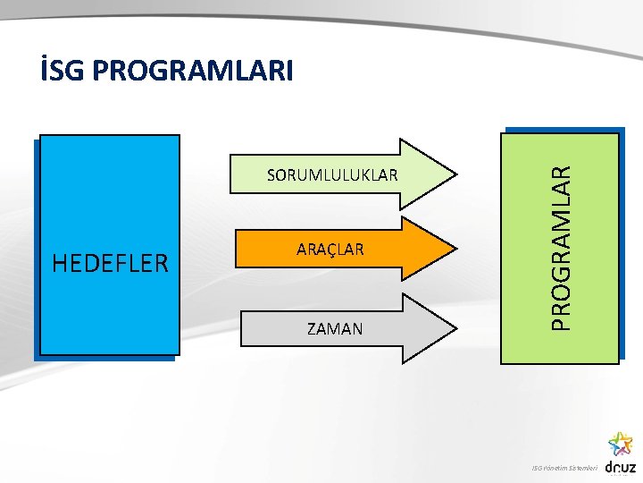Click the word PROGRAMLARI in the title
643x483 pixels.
(x=192, y=71)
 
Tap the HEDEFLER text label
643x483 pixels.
(x=111, y=263)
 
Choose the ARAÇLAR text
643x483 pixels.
(x=330, y=250)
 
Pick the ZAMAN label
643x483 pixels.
(x=335, y=328)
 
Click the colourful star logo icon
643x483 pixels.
(x=620, y=443)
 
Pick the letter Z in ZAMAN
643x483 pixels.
(x=312, y=328)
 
